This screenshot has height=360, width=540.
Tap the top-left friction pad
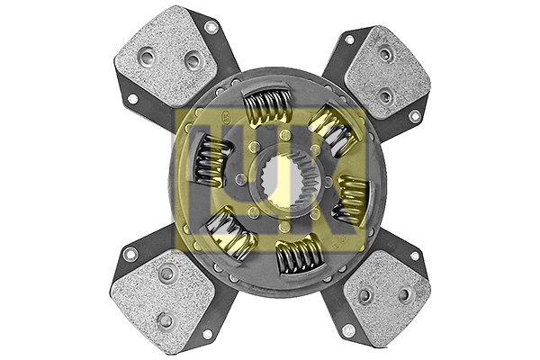pyautogui.click(x=171, y=56)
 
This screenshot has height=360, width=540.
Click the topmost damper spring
pyautogui.click(x=268, y=107)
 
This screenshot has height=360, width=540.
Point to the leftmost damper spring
pyautogui.click(x=209, y=161)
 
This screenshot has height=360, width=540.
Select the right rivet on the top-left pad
pyautogui.click(x=192, y=61)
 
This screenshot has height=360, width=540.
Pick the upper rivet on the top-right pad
pyautogui.click(x=385, y=55)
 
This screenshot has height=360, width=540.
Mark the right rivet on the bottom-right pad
pyautogui.click(x=404, y=294)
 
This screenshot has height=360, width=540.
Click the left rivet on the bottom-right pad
pyautogui.click(x=364, y=296)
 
